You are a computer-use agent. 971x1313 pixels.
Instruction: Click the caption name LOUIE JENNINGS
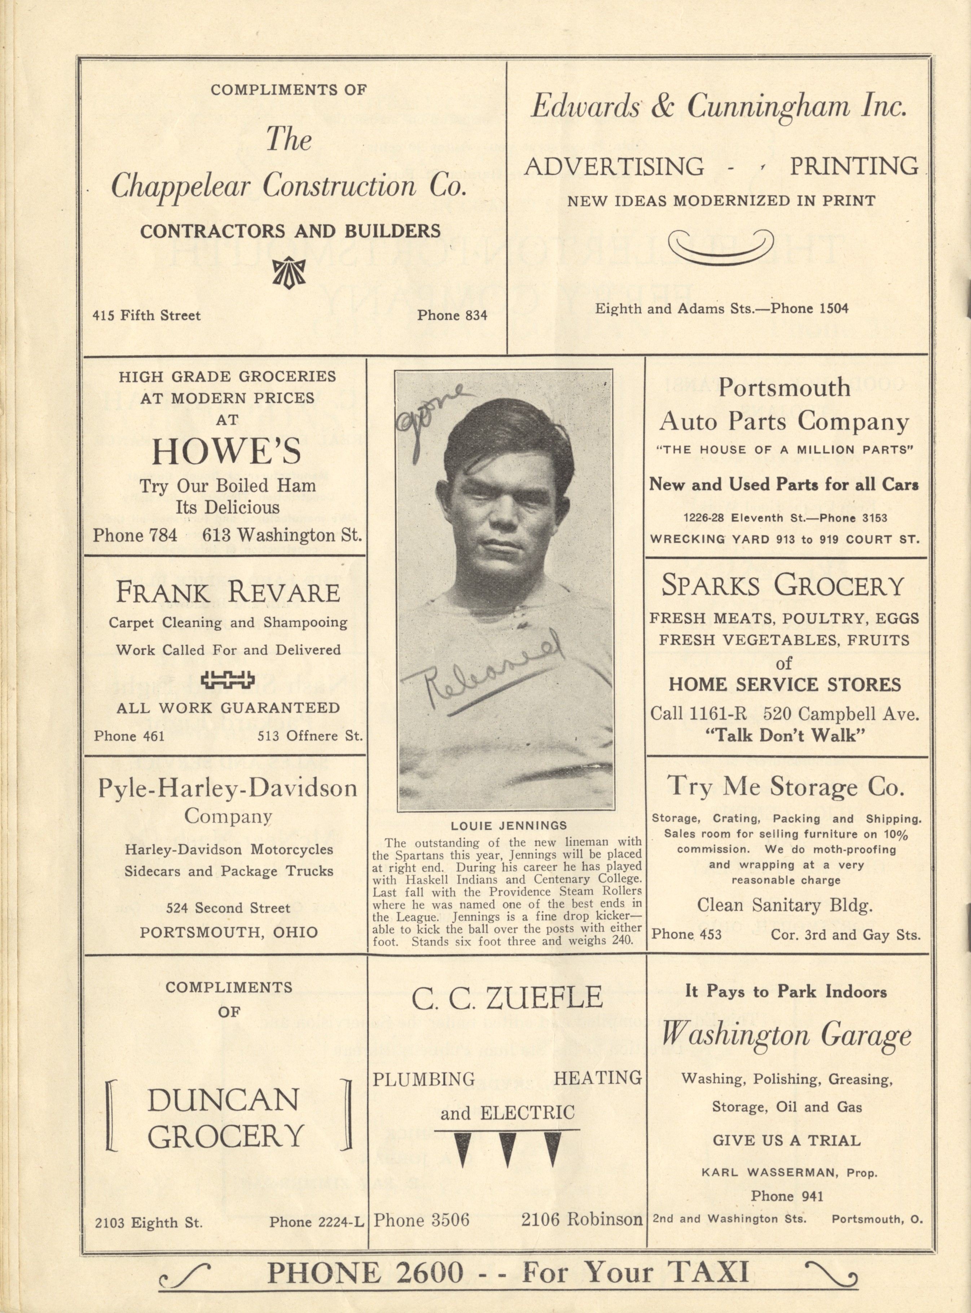pyautogui.click(x=509, y=826)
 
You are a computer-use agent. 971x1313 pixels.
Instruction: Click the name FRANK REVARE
pyautogui.click(x=228, y=592)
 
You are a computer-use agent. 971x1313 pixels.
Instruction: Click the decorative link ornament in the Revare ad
pyautogui.click(x=228, y=680)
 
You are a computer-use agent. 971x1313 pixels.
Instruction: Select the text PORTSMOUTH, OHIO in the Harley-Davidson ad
pyautogui.click(x=229, y=932)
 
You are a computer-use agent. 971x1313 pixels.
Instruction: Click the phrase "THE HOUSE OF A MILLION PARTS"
pyautogui.click(x=785, y=449)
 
